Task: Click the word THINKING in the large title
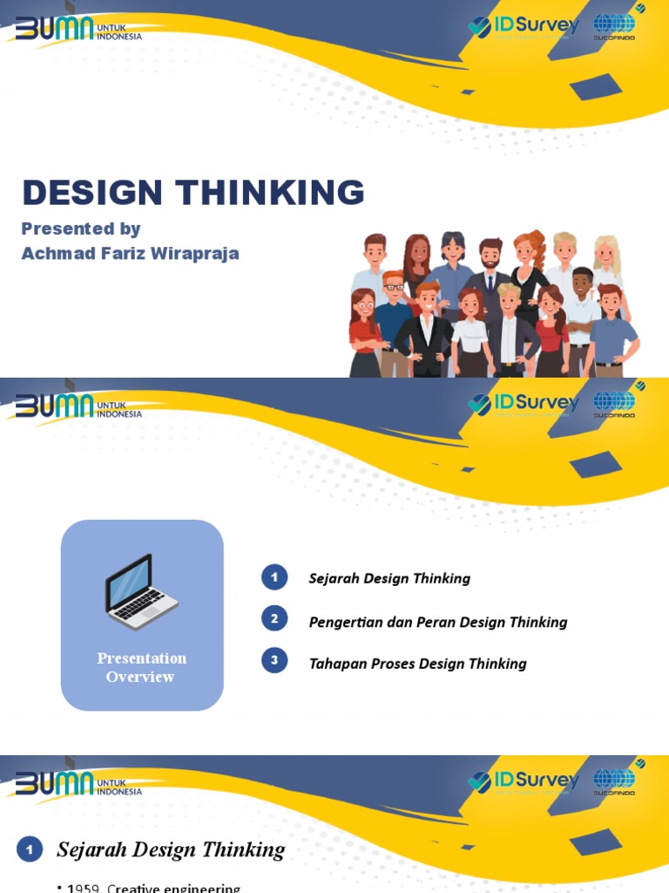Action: pos(271,193)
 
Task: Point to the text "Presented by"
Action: pos(80,228)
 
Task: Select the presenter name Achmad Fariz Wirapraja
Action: pos(130,254)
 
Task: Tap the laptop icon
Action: pos(141,592)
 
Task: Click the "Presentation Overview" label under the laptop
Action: pos(141,667)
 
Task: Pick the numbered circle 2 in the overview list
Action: pos(274,619)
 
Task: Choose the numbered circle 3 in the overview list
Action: pos(274,660)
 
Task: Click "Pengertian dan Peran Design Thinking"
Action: pos(437,622)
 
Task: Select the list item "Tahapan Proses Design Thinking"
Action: pos(417,664)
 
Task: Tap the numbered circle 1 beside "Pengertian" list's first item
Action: pos(274,576)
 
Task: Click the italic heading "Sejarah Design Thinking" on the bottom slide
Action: pos(171,849)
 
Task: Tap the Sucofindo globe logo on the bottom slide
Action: pos(614,781)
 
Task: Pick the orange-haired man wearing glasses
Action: pos(393,301)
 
